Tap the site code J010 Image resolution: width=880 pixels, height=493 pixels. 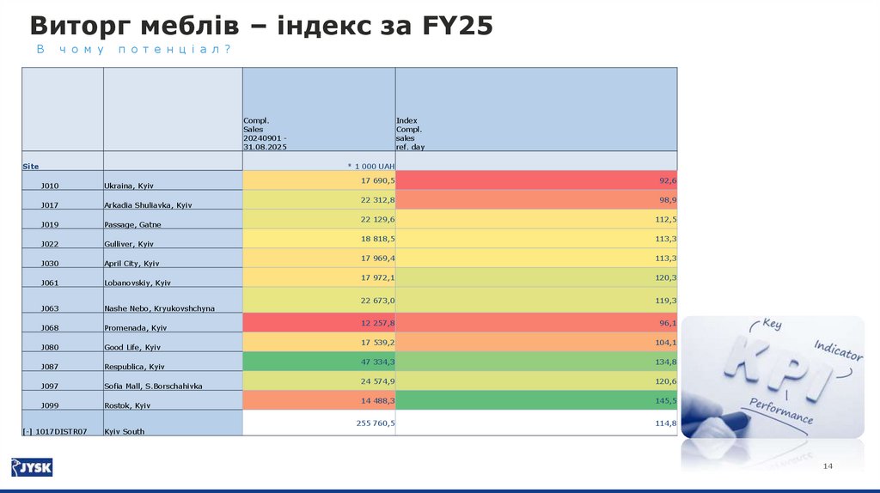tap(50, 186)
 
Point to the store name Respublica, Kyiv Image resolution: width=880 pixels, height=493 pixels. tap(134, 367)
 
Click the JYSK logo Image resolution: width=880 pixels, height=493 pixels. tap(32, 467)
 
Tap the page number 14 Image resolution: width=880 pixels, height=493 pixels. tap(828, 466)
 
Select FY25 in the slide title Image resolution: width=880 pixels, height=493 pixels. tap(457, 26)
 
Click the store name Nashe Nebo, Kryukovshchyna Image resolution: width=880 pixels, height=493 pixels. tap(159, 307)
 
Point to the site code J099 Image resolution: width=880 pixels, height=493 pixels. tap(50, 405)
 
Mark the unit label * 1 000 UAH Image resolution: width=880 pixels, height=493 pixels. tap(370, 166)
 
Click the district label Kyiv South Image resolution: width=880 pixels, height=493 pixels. tap(125, 431)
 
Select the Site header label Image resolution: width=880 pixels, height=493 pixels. tap(31, 166)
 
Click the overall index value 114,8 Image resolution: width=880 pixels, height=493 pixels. tap(667, 423)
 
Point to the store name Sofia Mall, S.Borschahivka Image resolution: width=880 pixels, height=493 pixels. tap(153, 386)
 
